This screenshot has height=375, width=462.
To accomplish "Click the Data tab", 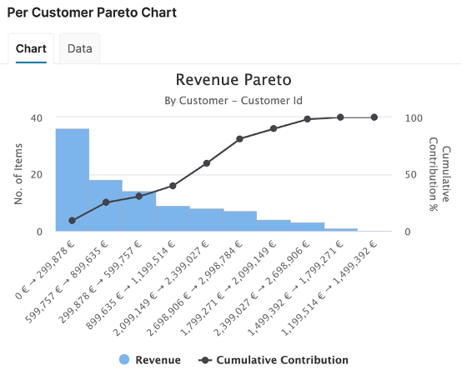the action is (80, 48).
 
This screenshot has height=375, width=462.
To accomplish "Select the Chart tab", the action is (31, 48).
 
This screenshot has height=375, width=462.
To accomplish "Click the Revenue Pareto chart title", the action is (234, 79).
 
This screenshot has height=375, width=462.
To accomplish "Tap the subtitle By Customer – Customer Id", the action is (234, 101).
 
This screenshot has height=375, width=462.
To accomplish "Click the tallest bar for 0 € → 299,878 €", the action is (73, 180).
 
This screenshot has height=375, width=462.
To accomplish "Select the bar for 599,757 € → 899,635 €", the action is (106, 206).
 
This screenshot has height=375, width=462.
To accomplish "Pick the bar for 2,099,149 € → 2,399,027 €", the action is (207, 220).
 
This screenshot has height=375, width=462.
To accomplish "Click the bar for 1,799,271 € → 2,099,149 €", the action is (274, 226).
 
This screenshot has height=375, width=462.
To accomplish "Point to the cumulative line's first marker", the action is (73, 221).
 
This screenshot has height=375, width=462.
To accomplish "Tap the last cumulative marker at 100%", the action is (374, 117).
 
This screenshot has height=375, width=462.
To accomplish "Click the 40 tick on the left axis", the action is (37, 118).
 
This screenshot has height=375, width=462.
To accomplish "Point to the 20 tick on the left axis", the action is (37, 175).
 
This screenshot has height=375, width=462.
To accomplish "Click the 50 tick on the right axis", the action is (411, 175).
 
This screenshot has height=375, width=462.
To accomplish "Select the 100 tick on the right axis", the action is (414, 118).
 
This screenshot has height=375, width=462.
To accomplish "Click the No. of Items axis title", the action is (18, 174).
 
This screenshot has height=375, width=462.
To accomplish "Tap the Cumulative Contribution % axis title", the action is (439, 174).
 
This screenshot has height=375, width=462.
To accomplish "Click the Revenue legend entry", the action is (150, 360).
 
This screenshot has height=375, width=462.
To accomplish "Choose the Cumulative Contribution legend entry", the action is (274, 360).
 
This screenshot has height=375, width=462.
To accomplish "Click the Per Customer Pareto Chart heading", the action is (92, 12).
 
